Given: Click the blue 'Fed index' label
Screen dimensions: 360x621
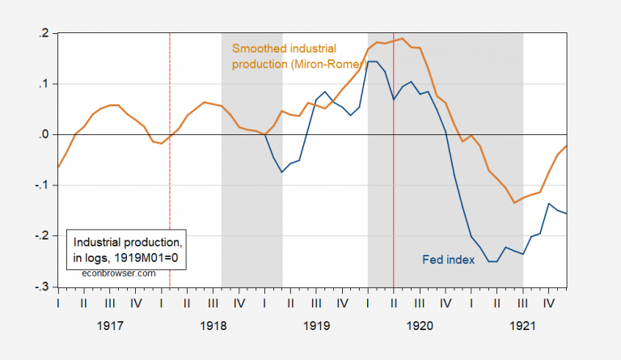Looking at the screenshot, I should click(x=447, y=260).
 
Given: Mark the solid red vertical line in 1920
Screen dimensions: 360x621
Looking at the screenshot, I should click(x=394, y=202).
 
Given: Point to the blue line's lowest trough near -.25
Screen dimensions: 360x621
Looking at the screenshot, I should click(x=492, y=261).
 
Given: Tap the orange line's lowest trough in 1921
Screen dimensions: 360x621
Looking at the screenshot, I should click(x=514, y=203).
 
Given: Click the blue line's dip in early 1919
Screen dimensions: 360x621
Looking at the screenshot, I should click(x=282, y=172).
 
